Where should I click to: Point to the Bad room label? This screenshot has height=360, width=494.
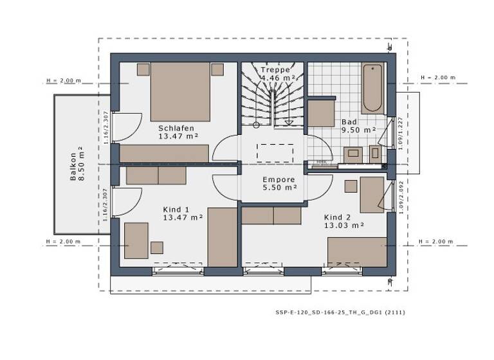pos(349,122)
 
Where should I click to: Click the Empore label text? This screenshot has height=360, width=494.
pos(279,180)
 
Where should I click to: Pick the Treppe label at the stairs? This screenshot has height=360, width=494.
pos(275,69)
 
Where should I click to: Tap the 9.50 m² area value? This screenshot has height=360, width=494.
pos(358,130)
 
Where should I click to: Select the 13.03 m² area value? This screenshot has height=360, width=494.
pos(345,225)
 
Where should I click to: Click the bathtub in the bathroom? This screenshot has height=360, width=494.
pos(372,88)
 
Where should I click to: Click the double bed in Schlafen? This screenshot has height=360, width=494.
pos(181,91)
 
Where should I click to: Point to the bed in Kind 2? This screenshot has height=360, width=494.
pos(357,251)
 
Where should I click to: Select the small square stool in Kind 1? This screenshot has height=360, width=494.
pos(157,248)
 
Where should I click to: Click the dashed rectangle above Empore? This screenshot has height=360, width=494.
pos(275,153)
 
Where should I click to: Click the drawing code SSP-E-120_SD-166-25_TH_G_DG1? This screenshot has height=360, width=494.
pos(340,312)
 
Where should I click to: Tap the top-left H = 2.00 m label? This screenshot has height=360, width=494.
pos(64,81)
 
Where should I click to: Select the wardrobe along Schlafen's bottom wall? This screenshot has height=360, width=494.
pos(164,153)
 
